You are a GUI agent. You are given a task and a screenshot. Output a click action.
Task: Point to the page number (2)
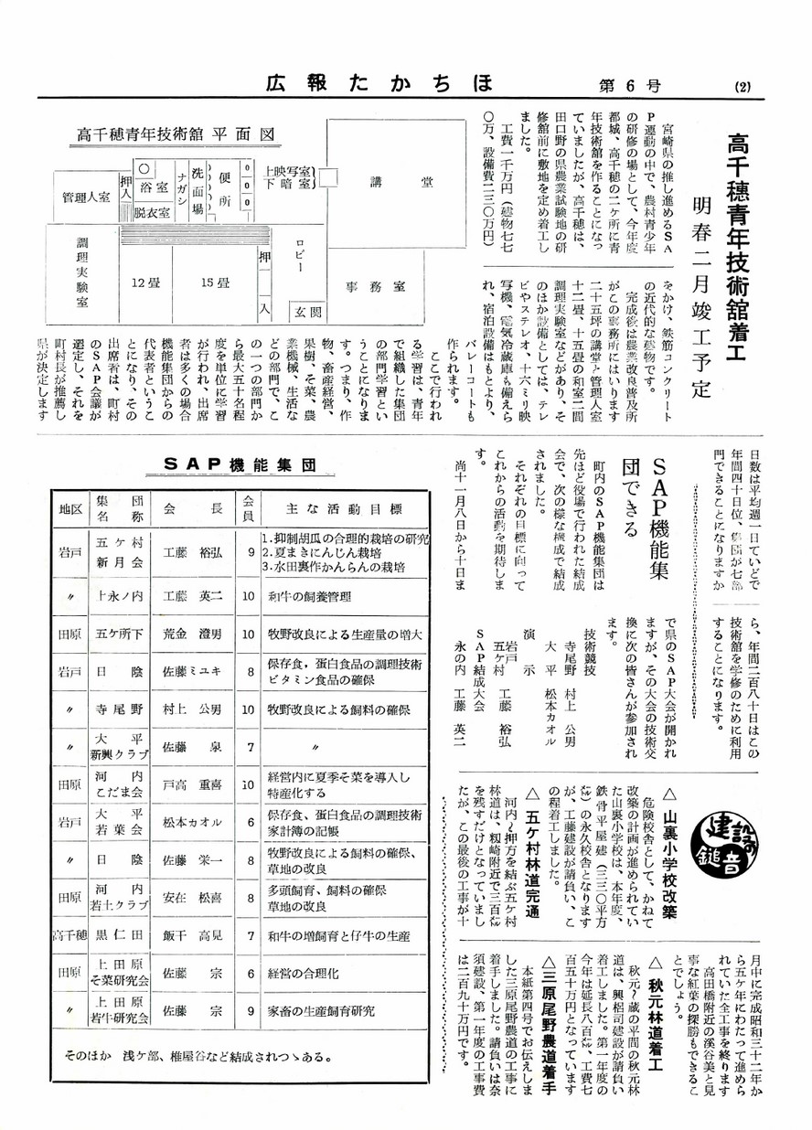[742, 88]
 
